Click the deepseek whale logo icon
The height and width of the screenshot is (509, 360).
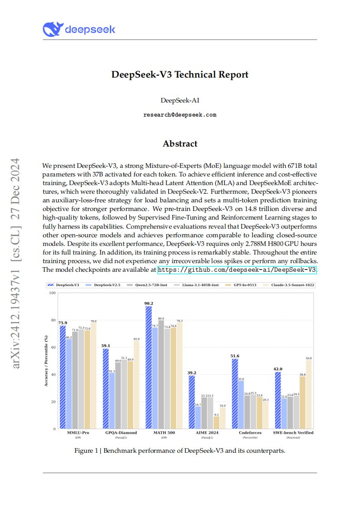point(52,29)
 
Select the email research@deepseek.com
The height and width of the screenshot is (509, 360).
point(180,115)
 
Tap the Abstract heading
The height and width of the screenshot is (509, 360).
point(180,144)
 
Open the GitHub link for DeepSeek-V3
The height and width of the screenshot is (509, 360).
point(237,270)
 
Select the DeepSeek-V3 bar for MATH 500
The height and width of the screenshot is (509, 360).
point(148,367)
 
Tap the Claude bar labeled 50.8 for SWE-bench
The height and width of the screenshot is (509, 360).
point(309,394)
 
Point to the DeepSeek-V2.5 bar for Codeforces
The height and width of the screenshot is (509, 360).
point(241,404)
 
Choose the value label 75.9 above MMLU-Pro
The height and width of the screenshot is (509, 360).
point(62,323)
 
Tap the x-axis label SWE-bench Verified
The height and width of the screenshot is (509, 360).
point(293,433)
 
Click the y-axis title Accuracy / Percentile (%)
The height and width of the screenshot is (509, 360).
point(46,361)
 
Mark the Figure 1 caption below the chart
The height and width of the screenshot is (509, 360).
point(180,451)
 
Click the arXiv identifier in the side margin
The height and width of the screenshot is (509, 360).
point(16,263)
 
